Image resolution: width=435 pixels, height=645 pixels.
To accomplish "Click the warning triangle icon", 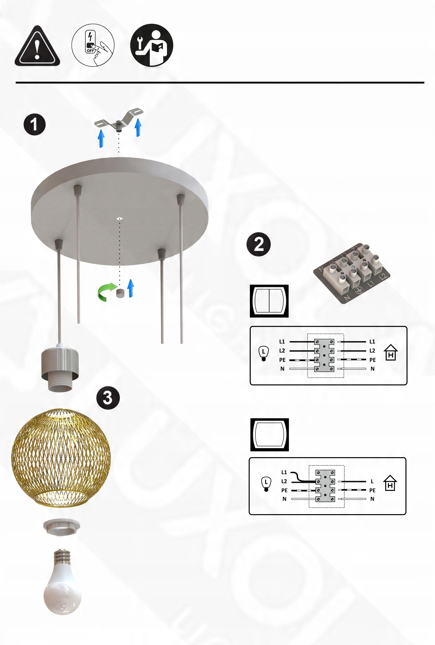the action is click(37, 46).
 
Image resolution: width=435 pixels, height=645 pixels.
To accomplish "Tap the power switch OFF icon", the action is click(93, 45).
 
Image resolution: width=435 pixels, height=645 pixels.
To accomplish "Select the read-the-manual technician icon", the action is click(152, 45).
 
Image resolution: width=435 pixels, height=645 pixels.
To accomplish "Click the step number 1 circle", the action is click(35, 124).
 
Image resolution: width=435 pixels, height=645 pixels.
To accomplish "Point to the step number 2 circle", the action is click(259, 244).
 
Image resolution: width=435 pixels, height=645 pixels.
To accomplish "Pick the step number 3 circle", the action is click(108, 398).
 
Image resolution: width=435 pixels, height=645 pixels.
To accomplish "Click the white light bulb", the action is click(62, 581).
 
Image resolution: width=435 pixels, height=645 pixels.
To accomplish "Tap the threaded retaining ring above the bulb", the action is click(61, 527).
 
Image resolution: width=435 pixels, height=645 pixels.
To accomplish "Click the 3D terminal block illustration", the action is click(352, 273).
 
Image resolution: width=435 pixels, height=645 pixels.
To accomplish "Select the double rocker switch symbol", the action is click(269, 301).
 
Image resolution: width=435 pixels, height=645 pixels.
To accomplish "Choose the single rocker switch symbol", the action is click(270, 435).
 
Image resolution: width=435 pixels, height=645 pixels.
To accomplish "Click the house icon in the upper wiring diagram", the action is click(391, 353).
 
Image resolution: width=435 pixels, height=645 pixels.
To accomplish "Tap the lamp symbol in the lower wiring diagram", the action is click(266, 484).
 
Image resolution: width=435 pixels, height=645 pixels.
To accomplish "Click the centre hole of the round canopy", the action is click(119, 219).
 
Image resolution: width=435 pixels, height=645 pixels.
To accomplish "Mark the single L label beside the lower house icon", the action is click(372, 481).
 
